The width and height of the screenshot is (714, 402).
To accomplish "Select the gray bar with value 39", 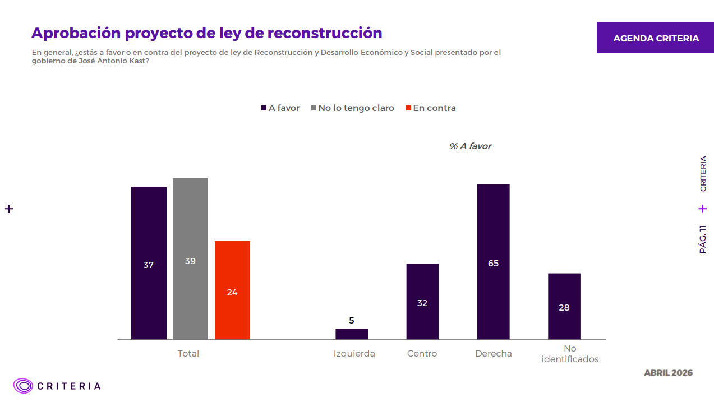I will point(190,258).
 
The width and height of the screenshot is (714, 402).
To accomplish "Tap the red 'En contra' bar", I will point(232,290).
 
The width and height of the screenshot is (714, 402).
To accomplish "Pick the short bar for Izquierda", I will point(352,334).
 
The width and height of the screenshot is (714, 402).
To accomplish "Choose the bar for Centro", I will point(422,301).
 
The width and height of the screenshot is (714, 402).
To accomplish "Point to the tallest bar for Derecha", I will point(493,261).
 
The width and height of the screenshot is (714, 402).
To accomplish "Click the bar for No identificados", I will point(564,306).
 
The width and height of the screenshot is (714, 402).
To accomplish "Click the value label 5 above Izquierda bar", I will point(352,321).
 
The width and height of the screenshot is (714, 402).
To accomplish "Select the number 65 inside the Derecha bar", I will point(493,263).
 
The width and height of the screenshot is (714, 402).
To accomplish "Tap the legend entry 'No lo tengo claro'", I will point(356,108).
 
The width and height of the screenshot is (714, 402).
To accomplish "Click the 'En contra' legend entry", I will point(434,108).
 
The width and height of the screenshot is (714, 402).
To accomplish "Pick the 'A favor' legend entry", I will point(283,108).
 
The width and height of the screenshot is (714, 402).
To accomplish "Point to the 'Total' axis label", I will point(188,354).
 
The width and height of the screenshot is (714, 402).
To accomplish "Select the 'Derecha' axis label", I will point(493,354).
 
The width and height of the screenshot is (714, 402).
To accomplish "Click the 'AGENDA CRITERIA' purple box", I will point(656,38).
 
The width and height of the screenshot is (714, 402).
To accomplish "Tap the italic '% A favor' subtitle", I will point(470,146).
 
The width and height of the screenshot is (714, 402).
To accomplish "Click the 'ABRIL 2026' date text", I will point(668,373).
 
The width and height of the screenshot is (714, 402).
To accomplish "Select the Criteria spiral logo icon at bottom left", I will point(24,386).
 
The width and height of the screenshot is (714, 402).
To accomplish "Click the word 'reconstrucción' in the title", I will point(325,33).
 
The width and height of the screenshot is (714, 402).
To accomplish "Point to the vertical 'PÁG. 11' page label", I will point(703,239).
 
